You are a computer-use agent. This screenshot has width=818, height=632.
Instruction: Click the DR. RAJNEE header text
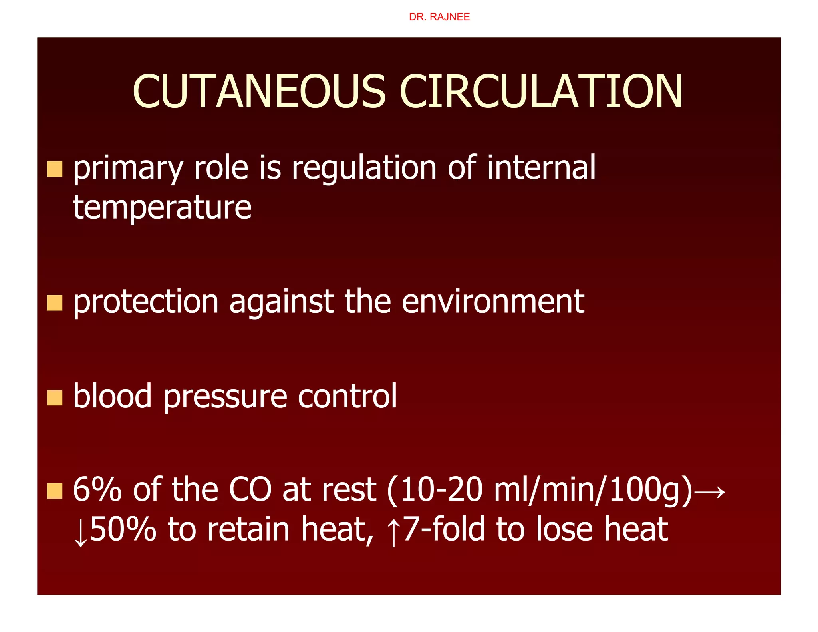439,17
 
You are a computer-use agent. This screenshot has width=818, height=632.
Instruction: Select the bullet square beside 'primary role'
55,169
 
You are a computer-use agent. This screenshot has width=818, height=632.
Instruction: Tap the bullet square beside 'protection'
55,303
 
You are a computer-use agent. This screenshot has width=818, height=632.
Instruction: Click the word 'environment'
493,302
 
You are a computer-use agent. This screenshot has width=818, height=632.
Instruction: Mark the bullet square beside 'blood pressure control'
55,397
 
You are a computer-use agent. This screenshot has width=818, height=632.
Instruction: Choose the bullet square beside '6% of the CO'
55,491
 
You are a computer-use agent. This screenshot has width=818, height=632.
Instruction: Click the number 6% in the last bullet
97,490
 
